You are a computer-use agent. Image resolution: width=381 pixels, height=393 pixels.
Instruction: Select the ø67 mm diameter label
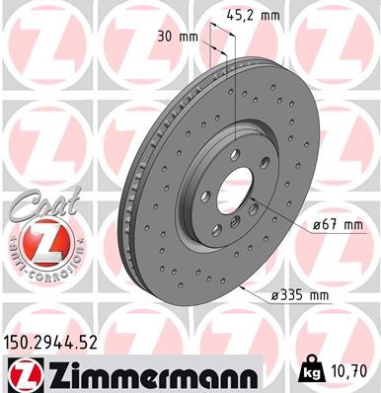tap(333, 226)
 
